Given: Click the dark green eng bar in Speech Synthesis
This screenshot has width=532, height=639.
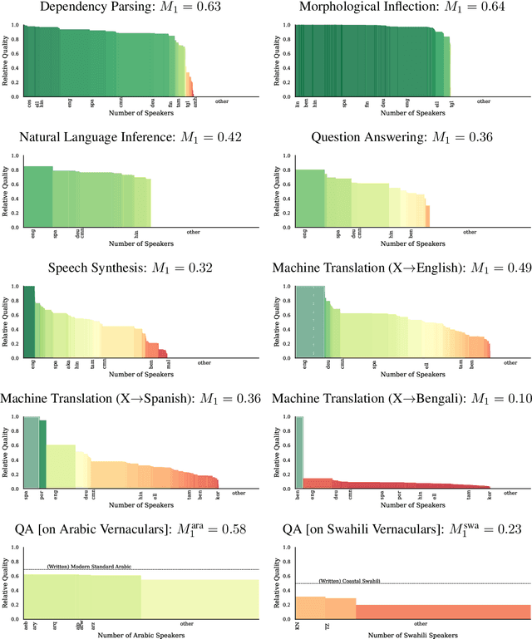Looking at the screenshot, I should click(28, 324).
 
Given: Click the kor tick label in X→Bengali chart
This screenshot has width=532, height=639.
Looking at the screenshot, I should click(490, 494).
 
